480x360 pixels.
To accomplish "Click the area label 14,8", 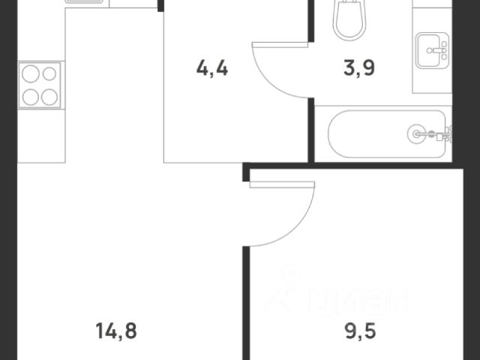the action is pyautogui.click(x=116, y=331).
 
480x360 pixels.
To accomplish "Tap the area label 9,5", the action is pyautogui.click(x=360, y=331).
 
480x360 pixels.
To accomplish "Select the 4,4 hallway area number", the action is pyautogui.click(x=212, y=68).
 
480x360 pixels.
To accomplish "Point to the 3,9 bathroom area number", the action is pyautogui.click(x=359, y=68).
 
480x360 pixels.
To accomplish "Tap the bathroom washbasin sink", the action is pyautogui.click(x=432, y=50).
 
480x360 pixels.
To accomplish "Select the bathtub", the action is pyautogui.click(x=387, y=134).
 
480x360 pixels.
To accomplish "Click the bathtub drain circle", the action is pyautogui.click(x=416, y=133).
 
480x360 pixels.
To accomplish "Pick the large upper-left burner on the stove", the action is pyautogui.click(x=31, y=74).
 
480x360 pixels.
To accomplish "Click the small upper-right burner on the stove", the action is pyautogui.click(x=49, y=73).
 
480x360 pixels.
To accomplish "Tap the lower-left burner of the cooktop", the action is pyautogui.click(x=31, y=97).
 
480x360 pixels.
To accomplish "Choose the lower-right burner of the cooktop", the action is pyautogui.click(x=49, y=97).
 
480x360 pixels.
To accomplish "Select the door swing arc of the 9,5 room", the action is pyautogui.click(x=296, y=228).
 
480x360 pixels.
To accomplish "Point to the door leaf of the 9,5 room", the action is pyautogui.click(x=282, y=184).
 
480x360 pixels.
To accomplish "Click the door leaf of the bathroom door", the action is pyautogui.click(x=280, y=45).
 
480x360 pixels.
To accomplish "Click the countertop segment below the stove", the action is pyautogui.click(x=41, y=136).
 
